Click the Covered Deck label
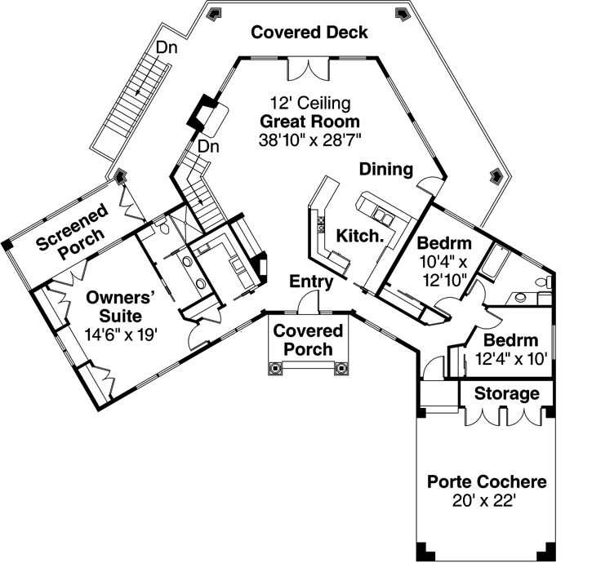309,33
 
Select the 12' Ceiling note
310,104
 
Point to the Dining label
386,169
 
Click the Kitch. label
361,237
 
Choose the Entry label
312,282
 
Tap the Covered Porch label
308,340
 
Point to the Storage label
507,394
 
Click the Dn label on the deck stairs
167,47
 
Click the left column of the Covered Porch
275,368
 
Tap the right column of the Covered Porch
341,368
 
